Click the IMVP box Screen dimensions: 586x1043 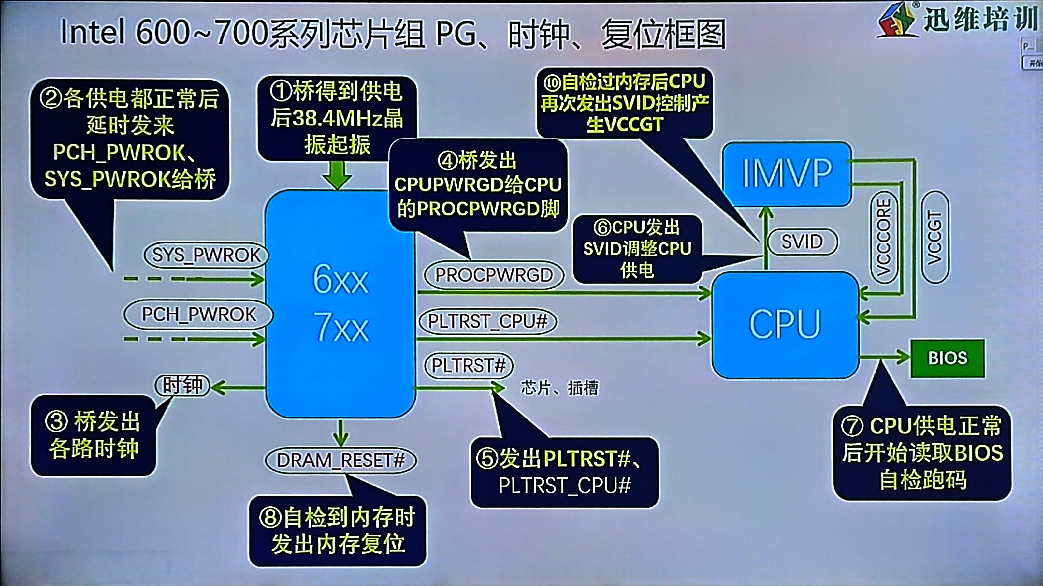pos(787,173)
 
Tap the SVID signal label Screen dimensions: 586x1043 pos(802,242)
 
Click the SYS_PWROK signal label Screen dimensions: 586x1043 pos(206,255)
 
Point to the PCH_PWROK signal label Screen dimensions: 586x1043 pos(198,314)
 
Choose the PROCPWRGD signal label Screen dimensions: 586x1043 pos(494,275)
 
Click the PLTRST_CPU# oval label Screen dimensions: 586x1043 pos(487,322)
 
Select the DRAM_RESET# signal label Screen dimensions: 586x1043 pos(340,461)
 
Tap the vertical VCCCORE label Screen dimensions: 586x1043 pos(883,237)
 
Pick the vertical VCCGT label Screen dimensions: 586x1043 pos(934,237)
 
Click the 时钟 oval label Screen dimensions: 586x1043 pos(182,385)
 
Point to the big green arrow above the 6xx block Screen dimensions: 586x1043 pos(337,175)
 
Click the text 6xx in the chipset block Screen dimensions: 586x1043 pos(340,279)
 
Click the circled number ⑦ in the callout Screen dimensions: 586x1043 pos(852,426)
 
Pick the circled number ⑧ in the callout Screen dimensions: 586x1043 pos(270,517)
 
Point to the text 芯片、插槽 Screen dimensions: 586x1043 pos(559,388)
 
